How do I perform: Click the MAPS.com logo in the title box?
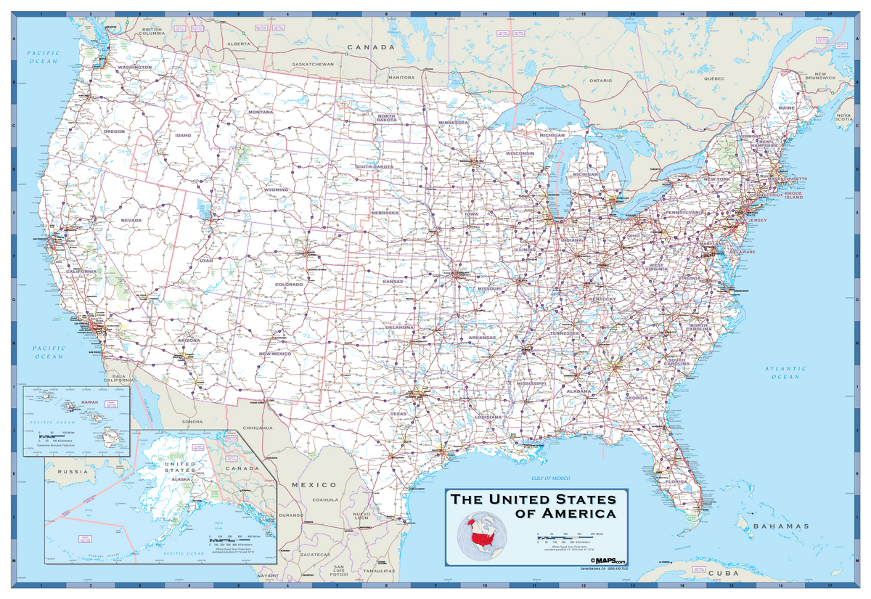[608, 561]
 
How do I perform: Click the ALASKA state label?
[181, 479]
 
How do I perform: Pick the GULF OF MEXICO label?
[549, 478]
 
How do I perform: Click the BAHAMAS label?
[780, 526]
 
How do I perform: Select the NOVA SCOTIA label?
[844, 118]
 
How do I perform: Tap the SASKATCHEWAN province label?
[313, 64]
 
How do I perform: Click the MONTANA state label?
[261, 113]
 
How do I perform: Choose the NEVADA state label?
[131, 219]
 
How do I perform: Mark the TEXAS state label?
[398, 414]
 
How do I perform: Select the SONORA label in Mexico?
[193, 421]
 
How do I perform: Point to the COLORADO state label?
[289, 284]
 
